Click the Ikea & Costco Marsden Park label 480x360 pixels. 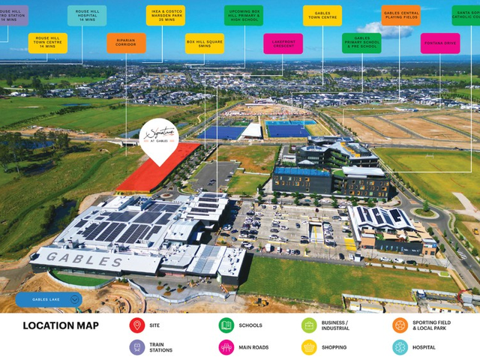click(166, 16)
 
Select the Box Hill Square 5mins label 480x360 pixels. click(205, 43)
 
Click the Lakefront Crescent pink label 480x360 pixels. click(283, 43)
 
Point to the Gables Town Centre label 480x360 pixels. click(322, 16)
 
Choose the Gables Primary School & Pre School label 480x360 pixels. click(361, 43)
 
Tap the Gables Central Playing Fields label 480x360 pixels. click(400, 16)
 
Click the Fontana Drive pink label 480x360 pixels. click(440, 43)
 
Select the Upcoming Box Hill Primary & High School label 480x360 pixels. click(244, 16)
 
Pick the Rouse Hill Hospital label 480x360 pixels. click(87, 16)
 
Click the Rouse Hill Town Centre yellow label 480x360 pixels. click(48, 43)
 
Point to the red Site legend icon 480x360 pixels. click(136, 325)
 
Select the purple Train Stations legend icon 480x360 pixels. click(136, 347)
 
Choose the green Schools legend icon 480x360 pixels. click(226, 325)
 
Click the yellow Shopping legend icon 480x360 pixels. click(309, 347)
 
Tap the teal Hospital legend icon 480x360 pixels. click(400, 347)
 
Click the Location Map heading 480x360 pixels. click(61, 325)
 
